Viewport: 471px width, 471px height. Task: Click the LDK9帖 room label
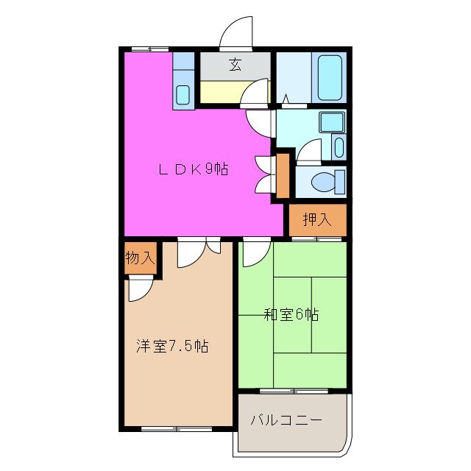click(194, 169)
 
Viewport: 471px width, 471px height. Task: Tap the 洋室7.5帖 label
click(171, 345)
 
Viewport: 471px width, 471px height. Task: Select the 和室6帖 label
click(291, 315)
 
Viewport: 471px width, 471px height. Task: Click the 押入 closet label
click(316, 219)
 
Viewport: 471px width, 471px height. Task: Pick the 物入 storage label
click(140, 258)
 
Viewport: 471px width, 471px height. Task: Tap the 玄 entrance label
click(235, 65)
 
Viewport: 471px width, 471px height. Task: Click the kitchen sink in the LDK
click(183, 95)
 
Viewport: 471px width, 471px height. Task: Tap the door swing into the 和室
click(254, 254)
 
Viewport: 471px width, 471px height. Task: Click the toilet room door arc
click(308, 151)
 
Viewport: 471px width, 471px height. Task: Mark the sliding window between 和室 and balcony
click(291, 389)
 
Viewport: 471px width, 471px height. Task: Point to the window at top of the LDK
click(149, 49)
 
